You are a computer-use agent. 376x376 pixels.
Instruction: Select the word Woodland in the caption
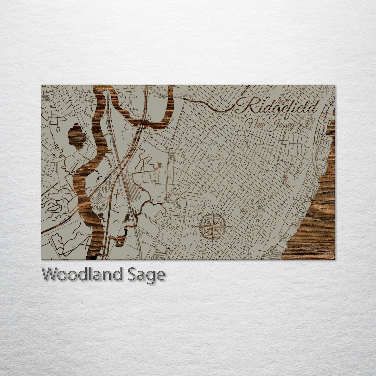pyautogui.click(x=82, y=274)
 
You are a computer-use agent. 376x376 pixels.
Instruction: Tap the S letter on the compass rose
pyautogui.click(x=213, y=245)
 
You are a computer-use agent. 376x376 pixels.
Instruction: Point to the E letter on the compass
pyautogui.click(x=231, y=227)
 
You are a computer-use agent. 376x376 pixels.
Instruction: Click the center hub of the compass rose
pyautogui.click(x=213, y=227)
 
